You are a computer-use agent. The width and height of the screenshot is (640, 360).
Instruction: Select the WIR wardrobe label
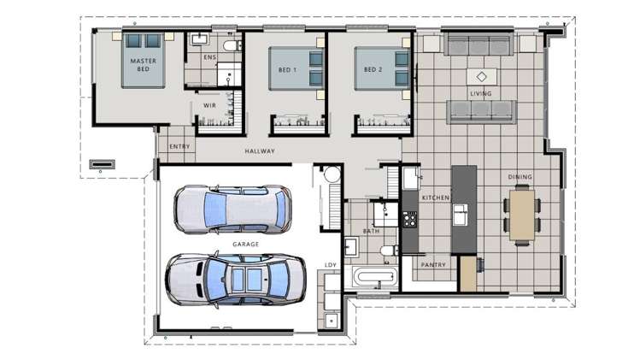[x=209, y=105]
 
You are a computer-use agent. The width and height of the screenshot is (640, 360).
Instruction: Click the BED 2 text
[x=371, y=69]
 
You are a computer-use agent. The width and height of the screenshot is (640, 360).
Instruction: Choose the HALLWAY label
[x=260, y=151]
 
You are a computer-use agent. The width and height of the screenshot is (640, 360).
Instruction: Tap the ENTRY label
[x=179, y=146]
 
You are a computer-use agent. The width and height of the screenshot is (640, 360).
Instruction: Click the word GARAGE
[x=245, y=245]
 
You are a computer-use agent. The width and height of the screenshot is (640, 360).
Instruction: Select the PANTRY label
[x=435, y=265]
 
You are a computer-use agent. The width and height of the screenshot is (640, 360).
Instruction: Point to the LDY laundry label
[x=331, y=265]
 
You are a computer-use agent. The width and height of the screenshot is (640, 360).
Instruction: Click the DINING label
[x=520, y=177]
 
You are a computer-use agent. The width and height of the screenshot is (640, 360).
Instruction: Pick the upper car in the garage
[x=232, y=209]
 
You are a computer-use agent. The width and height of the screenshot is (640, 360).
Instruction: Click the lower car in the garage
[x=237, y=279]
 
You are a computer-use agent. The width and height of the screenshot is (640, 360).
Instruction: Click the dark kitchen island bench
[x=464, y=209]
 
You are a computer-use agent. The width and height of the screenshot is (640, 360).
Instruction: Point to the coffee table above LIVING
[x=481, y=74]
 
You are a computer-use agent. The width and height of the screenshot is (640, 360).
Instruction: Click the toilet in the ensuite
[x=229, y=44]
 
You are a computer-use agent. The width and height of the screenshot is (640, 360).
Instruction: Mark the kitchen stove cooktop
[x=409, y=218]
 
